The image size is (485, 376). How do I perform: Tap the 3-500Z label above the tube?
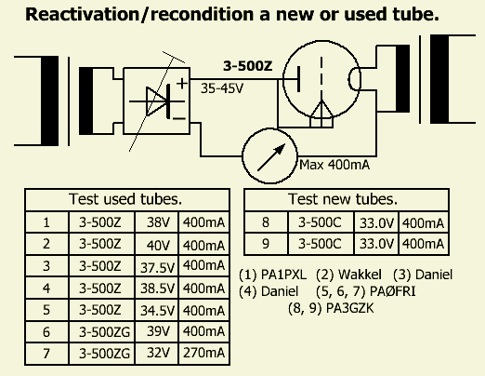(x=248, y=66)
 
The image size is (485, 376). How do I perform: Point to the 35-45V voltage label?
(x=222, y=88)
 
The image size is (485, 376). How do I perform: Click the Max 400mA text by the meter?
(x=334, y=165)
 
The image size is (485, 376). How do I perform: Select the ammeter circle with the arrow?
(x=269, y=155)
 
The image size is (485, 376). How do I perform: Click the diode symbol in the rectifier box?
(x=158, y=101)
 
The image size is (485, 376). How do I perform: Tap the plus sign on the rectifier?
(x=182, y=84)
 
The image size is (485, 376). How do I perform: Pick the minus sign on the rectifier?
(x=179, y=118)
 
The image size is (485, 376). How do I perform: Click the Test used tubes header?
(x=125, y=199)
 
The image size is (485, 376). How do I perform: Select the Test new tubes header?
(x=343, y=199)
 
